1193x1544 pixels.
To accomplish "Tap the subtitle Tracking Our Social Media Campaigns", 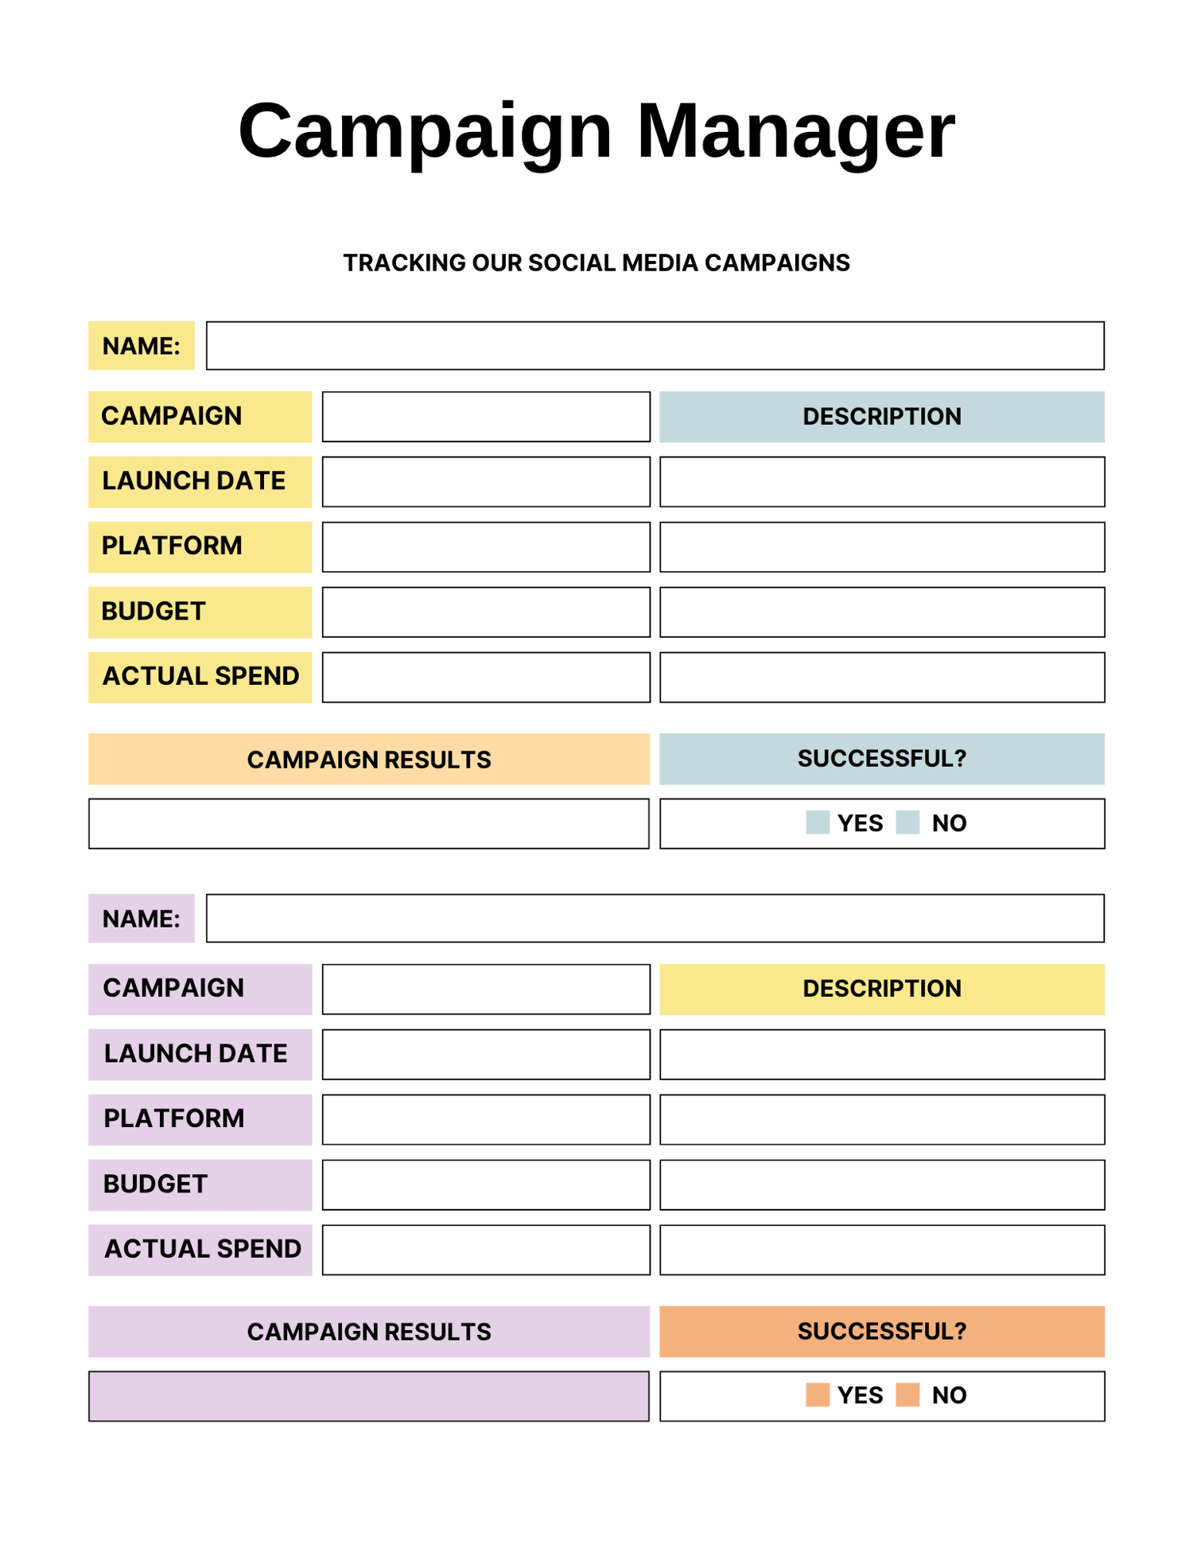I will point(596,263).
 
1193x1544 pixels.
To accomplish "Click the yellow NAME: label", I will point(141,346).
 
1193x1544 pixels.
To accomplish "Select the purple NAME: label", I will point(141,919).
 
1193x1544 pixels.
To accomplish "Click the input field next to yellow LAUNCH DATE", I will point(486,481).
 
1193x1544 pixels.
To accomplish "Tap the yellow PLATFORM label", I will point(200,546).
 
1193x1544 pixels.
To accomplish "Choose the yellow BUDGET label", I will point(200,612).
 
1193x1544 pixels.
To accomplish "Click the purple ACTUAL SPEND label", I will point(200,1250).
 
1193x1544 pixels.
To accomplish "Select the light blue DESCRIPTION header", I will point(882,417).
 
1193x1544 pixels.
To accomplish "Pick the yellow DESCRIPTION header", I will point(882,989).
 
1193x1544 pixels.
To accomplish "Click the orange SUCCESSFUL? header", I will point(882,1332).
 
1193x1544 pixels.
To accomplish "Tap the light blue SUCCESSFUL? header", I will point(882,759).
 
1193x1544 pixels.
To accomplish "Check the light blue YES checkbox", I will point(818,823).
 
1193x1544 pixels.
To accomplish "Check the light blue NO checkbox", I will point(907,823).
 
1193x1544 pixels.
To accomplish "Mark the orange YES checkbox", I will point(818,1395).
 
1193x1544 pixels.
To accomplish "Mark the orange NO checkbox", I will point(907,1395).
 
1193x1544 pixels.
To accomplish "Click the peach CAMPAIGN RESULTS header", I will point(368,760).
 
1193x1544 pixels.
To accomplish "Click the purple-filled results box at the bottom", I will point(368,1396).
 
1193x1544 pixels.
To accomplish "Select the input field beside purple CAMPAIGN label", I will point(486,989).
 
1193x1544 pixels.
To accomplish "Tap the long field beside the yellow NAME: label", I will point(655,346).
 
